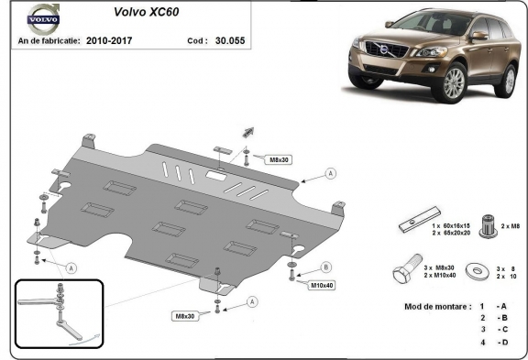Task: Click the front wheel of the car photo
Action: [x=453, y=83]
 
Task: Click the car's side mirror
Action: [x=478, y=36]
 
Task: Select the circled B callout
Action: [x=324, y=267]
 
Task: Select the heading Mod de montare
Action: [x=436, y=304]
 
